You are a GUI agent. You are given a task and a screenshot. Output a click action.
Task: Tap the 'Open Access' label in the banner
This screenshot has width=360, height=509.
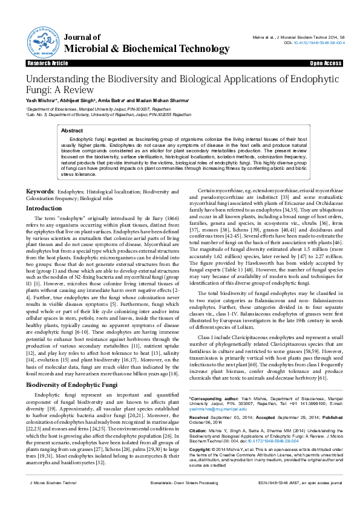point(326,63)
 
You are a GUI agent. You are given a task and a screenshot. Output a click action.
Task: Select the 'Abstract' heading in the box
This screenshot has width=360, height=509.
point(73,130)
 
